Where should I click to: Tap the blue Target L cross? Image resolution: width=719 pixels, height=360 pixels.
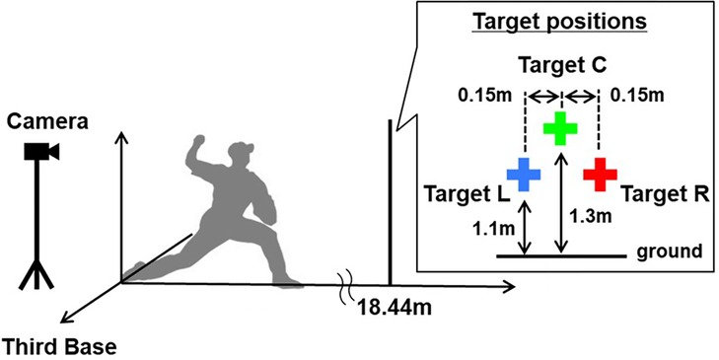pyautogui.click(x=524, y=174)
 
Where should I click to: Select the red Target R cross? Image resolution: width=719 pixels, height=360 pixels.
pyautogui.click(x=600, y=174)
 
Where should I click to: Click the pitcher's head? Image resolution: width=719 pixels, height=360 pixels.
pyautogui.click(x=239, y=155)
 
